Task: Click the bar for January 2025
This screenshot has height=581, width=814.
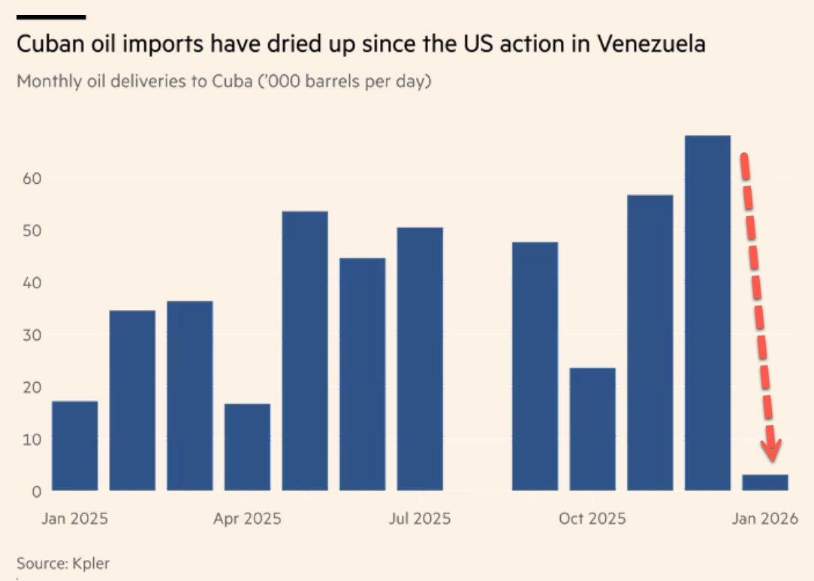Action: [74, 446]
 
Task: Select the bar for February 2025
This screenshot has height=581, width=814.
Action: [132, 401]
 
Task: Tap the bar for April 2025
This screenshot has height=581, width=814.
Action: [247, 447]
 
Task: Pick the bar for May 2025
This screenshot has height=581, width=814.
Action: [304, 351]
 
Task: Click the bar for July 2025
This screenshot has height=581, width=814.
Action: [420, 359]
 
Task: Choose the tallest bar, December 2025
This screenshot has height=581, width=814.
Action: [707, 313]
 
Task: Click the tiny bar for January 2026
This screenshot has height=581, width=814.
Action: [765, 483]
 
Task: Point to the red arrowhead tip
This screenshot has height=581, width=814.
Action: [771, 459]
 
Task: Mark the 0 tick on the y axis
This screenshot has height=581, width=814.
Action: [34, 492]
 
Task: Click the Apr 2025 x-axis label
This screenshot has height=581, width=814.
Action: [247, 519]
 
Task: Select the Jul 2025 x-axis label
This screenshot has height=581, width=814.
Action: [420, 519]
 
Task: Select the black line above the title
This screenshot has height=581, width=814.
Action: [50, 17]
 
